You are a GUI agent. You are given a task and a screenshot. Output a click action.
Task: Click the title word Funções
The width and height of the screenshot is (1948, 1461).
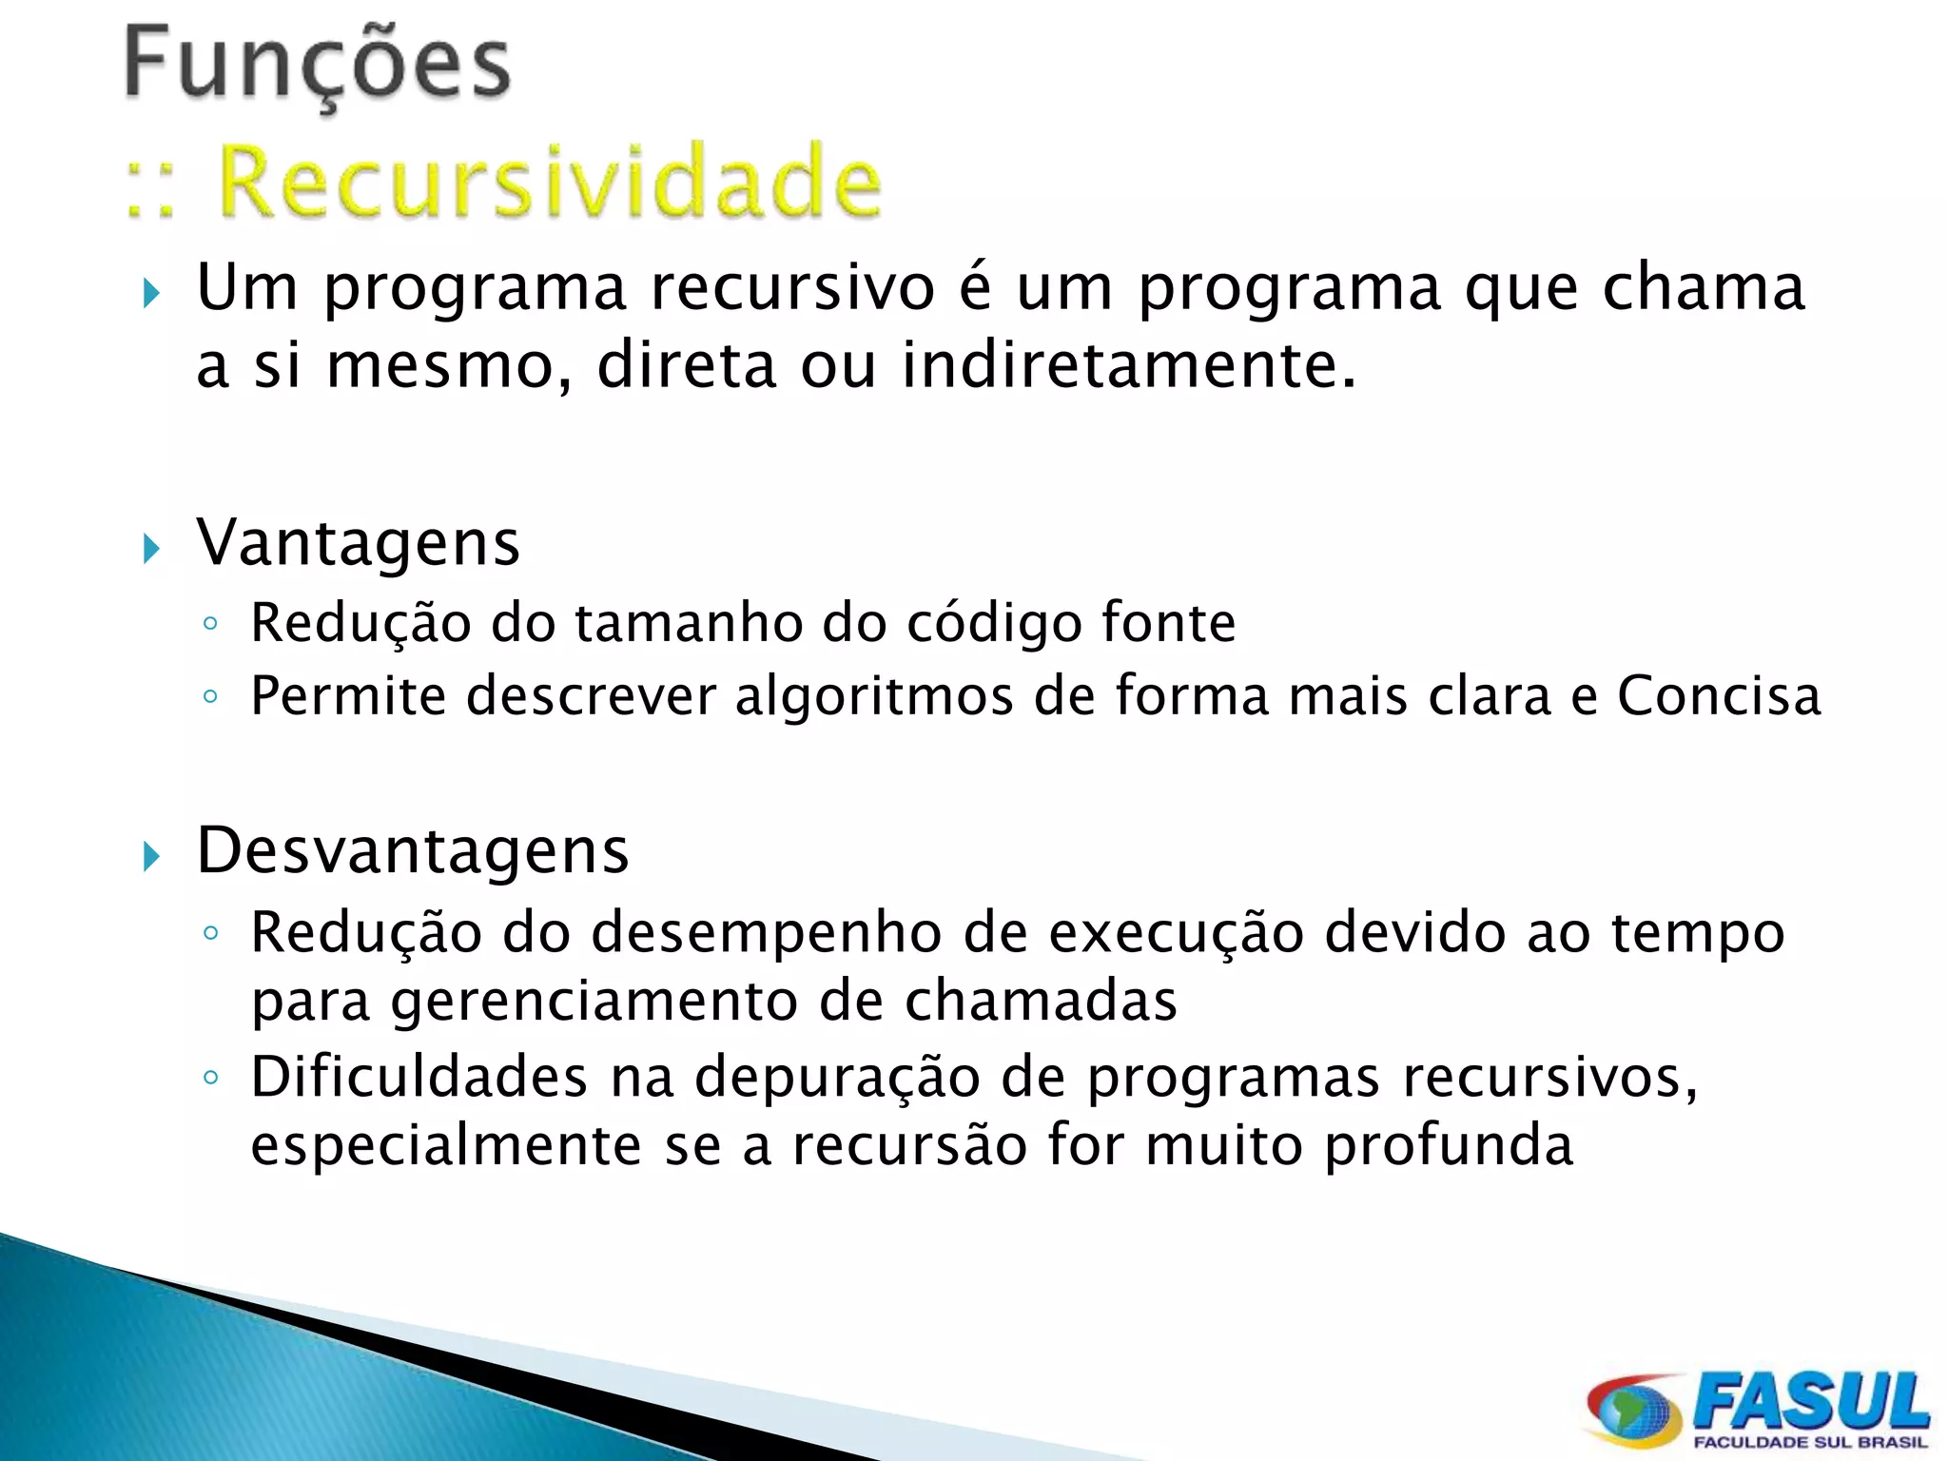click(x=318, y=65)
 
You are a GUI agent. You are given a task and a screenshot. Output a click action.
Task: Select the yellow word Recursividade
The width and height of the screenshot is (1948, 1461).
click(x=550, y=181)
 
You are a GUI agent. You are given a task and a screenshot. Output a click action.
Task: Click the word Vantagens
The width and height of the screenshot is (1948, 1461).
click(x=358, y=543)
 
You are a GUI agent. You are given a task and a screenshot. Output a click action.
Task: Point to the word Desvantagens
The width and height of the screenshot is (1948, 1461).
click(x=412, y=850)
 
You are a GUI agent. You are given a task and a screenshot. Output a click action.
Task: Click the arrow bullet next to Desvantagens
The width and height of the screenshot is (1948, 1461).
click(x=151, y=857)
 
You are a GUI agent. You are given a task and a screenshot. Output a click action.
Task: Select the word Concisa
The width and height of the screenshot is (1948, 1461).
click(x=1719, y=695)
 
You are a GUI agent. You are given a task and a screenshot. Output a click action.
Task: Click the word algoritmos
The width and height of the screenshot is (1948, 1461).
click(x=874, y=695)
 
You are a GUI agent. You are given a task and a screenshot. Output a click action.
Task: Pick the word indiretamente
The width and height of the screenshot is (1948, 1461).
click(x=1128, y=365)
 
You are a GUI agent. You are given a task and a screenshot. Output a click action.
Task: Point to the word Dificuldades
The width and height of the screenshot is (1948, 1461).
click(x=419, y=1078)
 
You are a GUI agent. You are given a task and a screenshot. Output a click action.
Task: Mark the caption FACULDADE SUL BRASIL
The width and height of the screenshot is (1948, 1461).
click(x=1809, y=1443)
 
